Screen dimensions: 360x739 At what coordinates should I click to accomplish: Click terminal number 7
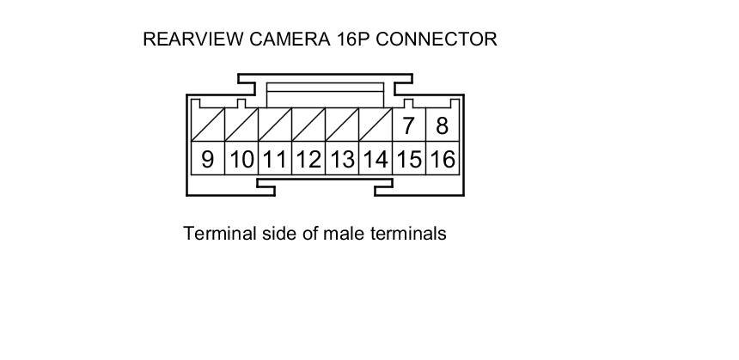pyautogui.click(x=409, y=126)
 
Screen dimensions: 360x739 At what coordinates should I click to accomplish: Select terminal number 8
pyautogui.click(x=443, y=126)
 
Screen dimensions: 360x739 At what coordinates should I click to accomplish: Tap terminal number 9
pyautogui.click(x=207, y=159)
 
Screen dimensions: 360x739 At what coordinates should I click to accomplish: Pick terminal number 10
pyautogui.click(x=241, y=159)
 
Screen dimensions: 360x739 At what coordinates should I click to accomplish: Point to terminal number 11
pyautogui.click(x=275, y=159)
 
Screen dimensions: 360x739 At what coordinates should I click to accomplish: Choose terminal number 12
pyautogui.click(x=308, y=159)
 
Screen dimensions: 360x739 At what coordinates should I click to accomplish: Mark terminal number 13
pyautogui.click(x=342, y=159)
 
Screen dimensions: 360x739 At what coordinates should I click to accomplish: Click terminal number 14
pyautogui.click(x=376, y=159)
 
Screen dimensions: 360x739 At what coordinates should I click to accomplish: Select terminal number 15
pyautogui.click(x=409, y=159)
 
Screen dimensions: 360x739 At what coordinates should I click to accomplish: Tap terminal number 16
pyautogui.click(x=443, y=159)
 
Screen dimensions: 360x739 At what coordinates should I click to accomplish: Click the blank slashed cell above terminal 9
pyautogui.click(x=207, y=125)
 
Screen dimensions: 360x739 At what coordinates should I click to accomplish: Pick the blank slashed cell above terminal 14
pyautogui.click(x=376, y=125)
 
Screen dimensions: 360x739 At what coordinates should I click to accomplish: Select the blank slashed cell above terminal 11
pyautogui.click(x=275, y=125)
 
